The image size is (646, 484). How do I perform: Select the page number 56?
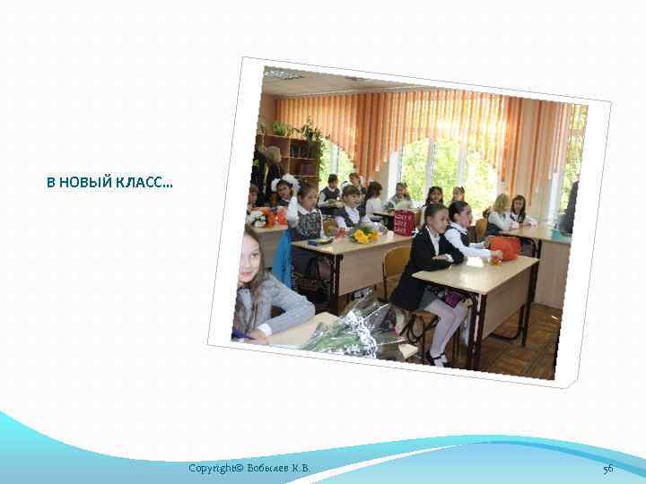pos(607,469)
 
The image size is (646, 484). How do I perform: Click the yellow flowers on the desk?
pos(362,235)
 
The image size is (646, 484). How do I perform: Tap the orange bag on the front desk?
pos(505,247)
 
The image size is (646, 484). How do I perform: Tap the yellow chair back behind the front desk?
pos(396,262)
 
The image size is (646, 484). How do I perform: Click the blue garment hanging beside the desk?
pos(284,259)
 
